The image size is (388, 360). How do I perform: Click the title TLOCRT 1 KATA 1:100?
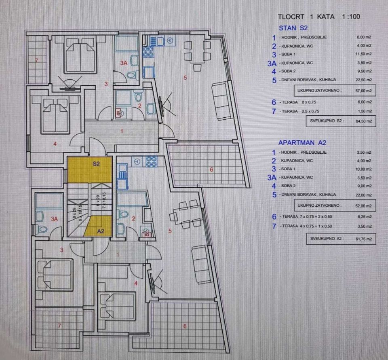[x=319, y=17]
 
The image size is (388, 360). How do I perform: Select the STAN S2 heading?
[x=293, y=28]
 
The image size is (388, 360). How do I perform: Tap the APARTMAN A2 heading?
[x=302, y=143]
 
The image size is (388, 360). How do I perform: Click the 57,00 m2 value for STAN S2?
[x=363, y=91]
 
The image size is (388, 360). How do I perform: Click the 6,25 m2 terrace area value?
[x=364, y=217]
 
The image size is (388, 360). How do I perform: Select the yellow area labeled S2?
[x=90, y=170]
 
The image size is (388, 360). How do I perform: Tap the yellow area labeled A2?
[x=99, y=226]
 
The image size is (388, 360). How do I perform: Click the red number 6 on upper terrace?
[x=211, y=169]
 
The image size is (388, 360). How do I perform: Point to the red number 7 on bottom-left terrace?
[x=59, y=326]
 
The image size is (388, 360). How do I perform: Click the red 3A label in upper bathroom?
[x=124, y=63]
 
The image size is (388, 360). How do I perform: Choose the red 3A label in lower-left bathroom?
[x=54, y=219]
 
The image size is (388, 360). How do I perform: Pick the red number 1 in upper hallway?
[x=122, y=131]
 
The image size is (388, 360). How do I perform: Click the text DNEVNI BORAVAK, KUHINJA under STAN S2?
[x=308, y=80]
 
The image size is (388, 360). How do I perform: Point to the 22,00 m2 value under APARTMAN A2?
[x=363, y=195]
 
